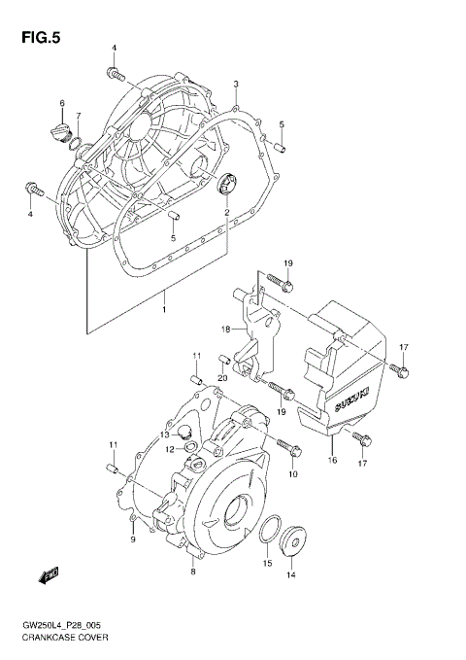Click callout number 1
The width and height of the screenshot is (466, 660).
165,310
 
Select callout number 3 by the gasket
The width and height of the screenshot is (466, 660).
236,86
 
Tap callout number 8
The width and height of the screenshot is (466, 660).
192,573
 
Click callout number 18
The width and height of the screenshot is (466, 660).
225,330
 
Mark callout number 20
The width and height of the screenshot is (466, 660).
221,378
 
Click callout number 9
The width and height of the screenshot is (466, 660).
133,539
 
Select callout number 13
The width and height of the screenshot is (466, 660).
165,434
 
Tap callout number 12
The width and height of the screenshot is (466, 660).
168,450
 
